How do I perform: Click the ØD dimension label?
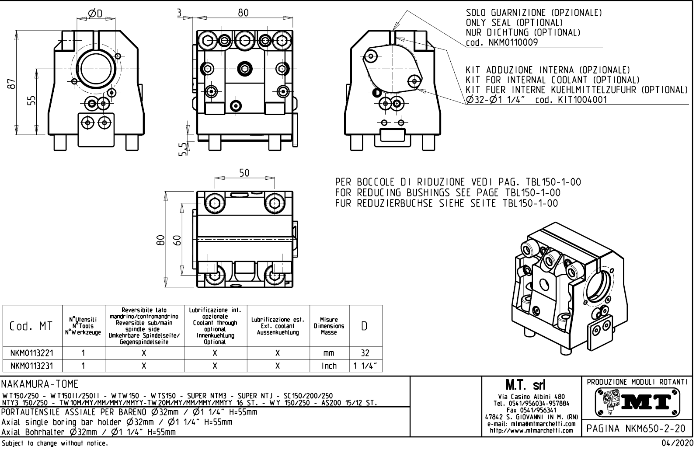click(x=95, y=14)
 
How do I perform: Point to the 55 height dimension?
click(x=31, y=100)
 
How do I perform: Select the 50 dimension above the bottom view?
click(x=244, y=173)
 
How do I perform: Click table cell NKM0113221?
click(x=31, y=353)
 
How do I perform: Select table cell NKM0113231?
click(x=31, y=366)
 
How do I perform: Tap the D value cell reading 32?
click(x=365, y=353)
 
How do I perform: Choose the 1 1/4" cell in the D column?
click(x=365, y=366)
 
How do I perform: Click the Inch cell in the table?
click(x=329, y=366)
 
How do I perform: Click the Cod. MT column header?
click(x=31, y=326)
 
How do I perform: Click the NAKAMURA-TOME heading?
click(x=40, y=384)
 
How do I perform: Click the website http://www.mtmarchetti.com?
click(x=531, y=431)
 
